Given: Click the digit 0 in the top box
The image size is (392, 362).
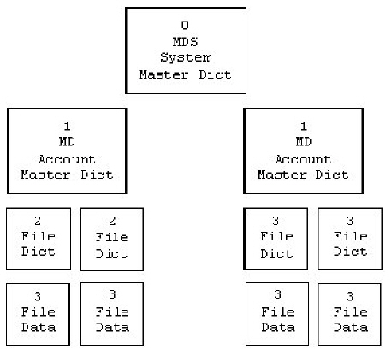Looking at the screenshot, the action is (185, 25).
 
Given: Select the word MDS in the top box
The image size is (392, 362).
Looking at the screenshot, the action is (185, 42).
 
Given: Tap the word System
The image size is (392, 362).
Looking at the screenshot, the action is (186, 58).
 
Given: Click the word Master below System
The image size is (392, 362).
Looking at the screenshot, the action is (163, 74).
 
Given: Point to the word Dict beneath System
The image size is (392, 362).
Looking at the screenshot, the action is (215, 74).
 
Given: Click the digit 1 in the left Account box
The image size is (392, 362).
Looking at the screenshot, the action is (67, 126).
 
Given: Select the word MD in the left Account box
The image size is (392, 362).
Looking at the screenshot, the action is (67, 142).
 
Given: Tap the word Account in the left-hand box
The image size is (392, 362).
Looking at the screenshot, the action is (67, 159).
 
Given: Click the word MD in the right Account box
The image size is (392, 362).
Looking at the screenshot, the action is (304, 142).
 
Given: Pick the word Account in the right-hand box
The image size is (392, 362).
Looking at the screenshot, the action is (303, 159).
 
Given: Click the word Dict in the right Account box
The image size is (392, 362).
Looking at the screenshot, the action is (332, 175).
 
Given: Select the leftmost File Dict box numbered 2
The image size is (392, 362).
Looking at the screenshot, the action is (39, 239).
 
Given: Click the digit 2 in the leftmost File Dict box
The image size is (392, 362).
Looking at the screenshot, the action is (38, 221).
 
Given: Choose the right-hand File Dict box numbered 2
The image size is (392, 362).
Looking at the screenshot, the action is (112, 239).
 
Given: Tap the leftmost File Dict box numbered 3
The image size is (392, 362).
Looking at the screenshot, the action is (276, 239).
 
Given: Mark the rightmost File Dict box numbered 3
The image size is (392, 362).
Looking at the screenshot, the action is (350, 239).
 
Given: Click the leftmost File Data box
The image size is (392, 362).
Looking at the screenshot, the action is (38, 314).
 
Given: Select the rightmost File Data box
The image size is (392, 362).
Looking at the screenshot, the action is (349, 314).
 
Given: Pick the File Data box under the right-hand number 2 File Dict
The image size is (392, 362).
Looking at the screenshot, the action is (112, 314).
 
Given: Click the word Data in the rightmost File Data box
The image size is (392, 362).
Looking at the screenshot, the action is (351, 327).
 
